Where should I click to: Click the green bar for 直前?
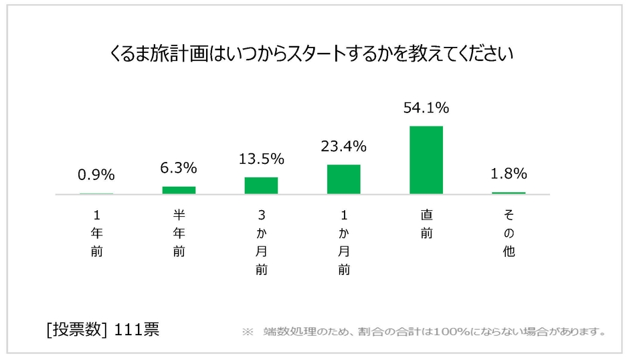(426, 160)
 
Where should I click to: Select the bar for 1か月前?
(344, 179)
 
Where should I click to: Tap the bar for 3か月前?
(261, 185)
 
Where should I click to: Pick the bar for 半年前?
(179, 190)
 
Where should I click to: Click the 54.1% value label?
(426, 107)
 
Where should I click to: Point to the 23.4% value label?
(344, 146)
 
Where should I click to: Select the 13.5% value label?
(262, 159)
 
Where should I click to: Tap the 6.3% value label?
(179, 168)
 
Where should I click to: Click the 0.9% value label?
(96, 175)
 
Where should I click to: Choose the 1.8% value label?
(509, 174)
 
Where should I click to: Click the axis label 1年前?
(96, 234)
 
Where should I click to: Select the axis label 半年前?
(179, 234)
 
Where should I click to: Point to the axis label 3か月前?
(261, 243)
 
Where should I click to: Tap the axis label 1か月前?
(344, 243)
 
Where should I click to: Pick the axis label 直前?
(426, 225)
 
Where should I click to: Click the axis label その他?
(509, 234)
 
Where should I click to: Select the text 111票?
(137, 330)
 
